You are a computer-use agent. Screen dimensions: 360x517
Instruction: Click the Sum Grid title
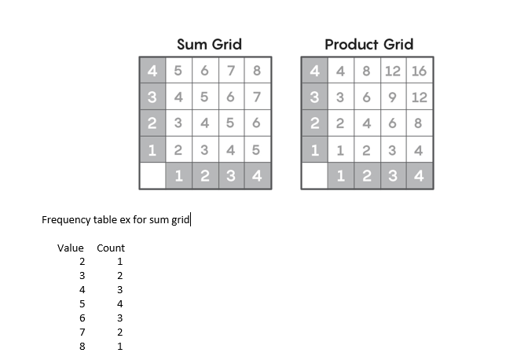(208, 44)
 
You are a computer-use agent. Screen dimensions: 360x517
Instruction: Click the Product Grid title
(368, 44)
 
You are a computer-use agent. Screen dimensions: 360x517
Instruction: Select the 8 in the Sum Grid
(257, 71)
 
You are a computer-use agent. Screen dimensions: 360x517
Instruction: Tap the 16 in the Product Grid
(419, 71)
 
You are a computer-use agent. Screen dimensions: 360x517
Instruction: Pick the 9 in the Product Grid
(392, 97)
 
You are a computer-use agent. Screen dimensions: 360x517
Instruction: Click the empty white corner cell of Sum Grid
(152, 175)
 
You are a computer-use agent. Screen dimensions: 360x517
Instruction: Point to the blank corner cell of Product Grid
(313, 175)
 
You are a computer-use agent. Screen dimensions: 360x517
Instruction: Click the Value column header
(70, 248)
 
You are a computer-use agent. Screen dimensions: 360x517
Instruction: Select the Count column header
(111, 248)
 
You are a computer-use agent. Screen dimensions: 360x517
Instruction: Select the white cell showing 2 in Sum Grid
(178, 149)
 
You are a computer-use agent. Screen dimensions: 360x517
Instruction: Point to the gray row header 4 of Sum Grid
(152, 71)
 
